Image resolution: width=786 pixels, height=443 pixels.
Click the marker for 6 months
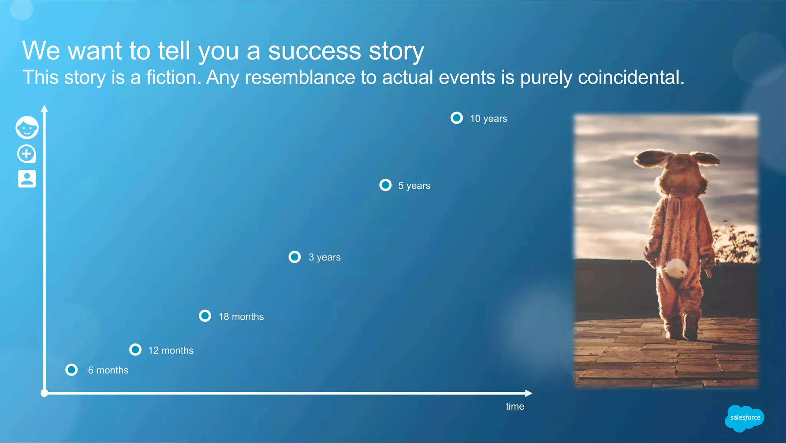point(71,370)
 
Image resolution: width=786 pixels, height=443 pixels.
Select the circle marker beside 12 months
point(135,350)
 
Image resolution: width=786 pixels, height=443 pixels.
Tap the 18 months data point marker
point(205,316)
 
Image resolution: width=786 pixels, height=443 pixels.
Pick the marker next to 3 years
point(295,257)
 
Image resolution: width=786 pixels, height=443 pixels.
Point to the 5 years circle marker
point(385,185)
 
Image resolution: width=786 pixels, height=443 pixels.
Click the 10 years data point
point(457,118)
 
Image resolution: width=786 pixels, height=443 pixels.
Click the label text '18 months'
point(241,317)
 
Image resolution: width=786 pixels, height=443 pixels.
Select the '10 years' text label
point(488,119)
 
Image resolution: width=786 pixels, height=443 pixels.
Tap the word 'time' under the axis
point(515,406)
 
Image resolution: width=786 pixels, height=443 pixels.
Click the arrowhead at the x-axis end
point(529,393)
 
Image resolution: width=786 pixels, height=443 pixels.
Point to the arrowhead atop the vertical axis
point(45,108)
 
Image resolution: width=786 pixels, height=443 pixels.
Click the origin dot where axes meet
point(45,393)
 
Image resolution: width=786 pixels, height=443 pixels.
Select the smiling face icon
point(27,128)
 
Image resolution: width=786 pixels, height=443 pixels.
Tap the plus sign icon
point(26,154)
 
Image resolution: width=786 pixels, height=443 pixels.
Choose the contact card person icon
point(27,179)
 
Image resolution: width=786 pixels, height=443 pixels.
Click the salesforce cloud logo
point(745,418)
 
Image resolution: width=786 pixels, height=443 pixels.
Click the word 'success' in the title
point(314,51)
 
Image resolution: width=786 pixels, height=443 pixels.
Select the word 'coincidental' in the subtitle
point(631,78)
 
